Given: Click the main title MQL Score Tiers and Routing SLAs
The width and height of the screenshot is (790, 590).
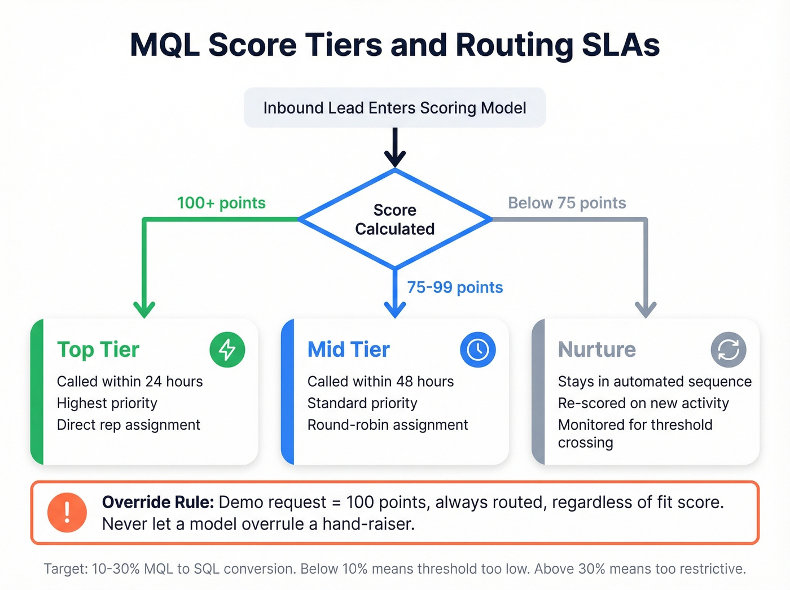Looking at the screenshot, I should [x=394, y=45].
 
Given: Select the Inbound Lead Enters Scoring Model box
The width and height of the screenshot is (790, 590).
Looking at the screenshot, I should [x=394, y=108].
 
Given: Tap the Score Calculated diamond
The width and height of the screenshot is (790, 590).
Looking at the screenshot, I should [x=394, y=219].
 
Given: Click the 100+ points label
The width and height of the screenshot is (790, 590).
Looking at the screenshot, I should [x=221, y=203].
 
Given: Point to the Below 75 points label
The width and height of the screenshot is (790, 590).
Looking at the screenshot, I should [x=567, y=203].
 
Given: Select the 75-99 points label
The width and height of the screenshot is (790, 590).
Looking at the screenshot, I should [x=455, y=287].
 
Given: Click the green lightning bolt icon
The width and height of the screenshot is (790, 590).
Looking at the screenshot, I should [x=227, y=349].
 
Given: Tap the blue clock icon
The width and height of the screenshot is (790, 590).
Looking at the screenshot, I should [x=478, y=349].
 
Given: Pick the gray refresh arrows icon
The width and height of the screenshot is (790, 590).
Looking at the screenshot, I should [x=728, y=349].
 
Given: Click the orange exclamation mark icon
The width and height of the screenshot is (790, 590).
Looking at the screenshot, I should [x=67, y=513].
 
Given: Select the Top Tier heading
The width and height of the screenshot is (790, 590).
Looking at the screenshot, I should [x=98, y=349].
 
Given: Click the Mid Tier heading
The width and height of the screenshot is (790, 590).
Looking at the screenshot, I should [x=348, y=349].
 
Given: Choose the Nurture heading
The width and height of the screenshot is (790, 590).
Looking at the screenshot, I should [x=596, y=349].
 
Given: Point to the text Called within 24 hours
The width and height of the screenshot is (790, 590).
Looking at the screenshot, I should [x=130, y=382].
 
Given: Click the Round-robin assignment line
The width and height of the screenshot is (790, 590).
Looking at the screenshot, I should [x=388, y=425].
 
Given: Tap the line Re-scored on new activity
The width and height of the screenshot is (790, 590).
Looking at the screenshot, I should [x=643, y=403].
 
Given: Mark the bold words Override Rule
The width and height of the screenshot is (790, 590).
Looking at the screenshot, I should [x=157, y=502].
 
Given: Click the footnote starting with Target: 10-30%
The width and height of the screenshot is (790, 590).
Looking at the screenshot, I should [x=394, y=569].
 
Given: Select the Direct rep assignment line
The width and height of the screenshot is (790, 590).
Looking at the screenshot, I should [x=129, y=425].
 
